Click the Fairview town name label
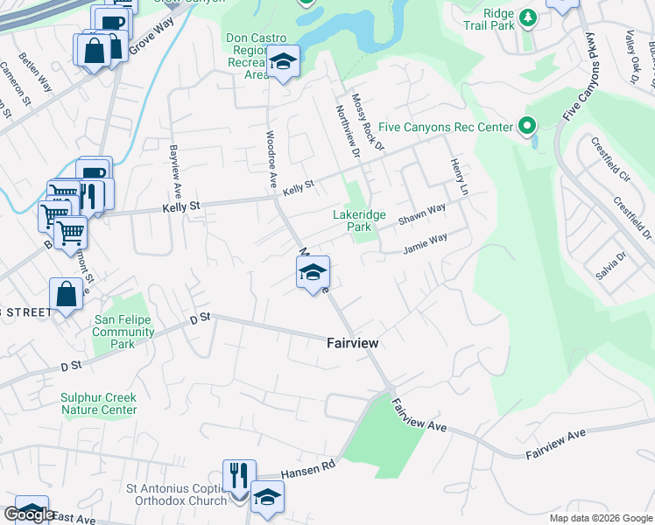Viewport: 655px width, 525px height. (352, 344)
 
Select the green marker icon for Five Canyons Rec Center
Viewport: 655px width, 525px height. (527, 127)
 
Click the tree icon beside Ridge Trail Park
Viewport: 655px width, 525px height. (527, 17)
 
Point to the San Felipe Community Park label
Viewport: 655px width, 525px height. (123, 332)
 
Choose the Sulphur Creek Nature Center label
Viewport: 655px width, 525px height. (98, 403)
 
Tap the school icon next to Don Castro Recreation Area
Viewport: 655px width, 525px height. (283, 61)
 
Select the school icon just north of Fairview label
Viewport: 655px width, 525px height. (313, 272)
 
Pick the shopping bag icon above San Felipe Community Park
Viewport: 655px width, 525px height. (67, 295)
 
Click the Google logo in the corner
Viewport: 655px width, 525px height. (30, 514)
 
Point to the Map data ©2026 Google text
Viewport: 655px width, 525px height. (600, 518)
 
